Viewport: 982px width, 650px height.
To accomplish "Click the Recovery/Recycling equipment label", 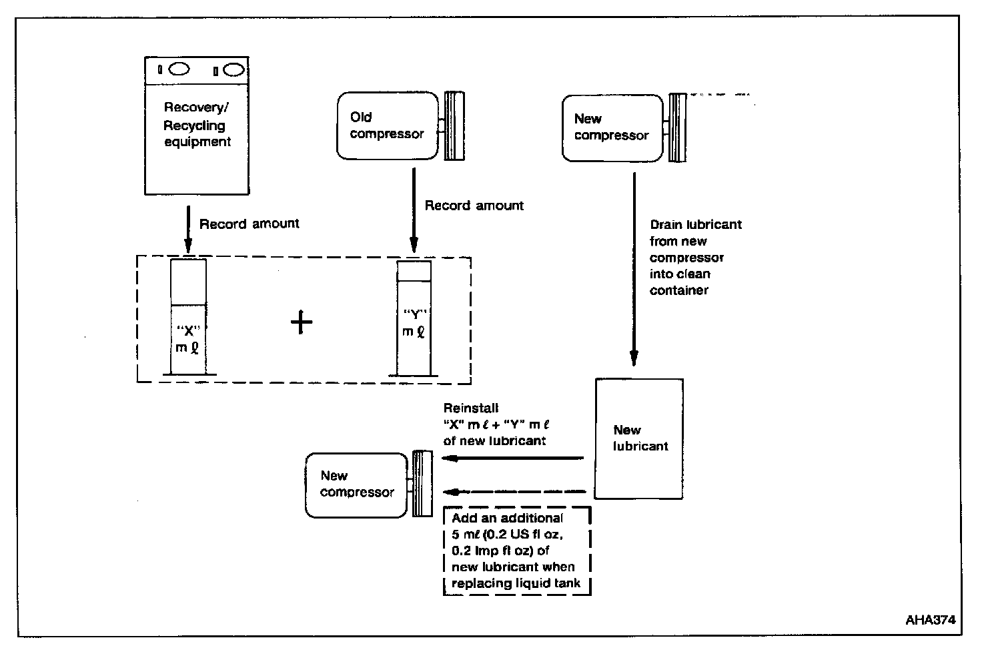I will (x=197, y=125).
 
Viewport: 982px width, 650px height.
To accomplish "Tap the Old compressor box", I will (x=387, y=125).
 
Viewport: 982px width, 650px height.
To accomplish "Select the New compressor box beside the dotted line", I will (x=612, y=127).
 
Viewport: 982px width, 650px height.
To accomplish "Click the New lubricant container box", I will (x=638, y=439).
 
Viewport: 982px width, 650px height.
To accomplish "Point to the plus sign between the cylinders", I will (x=302, y=323).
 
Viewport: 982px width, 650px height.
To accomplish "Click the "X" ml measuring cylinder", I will (x=188, y=317).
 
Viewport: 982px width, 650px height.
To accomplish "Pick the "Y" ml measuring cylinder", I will (x=414, y=318).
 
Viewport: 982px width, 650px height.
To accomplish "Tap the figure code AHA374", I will (x=930, y=619).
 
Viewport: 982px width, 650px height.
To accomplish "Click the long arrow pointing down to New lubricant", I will (x=634, y=267).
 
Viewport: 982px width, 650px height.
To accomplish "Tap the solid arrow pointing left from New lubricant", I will (x=514, y=458).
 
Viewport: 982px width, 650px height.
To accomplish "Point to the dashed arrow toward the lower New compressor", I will (x=514, y=492).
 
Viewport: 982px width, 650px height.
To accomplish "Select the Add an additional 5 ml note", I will (x=516, y=551).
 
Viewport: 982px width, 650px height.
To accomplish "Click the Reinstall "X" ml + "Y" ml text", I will (x=496, y=424).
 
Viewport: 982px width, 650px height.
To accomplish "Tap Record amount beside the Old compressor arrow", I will (x=474, y=206).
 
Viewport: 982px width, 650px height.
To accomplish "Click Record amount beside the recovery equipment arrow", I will (x=250, y=224).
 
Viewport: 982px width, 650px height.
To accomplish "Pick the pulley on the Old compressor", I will (x=454, y=125).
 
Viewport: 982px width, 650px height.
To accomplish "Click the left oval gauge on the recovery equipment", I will (x=179, y=69).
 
